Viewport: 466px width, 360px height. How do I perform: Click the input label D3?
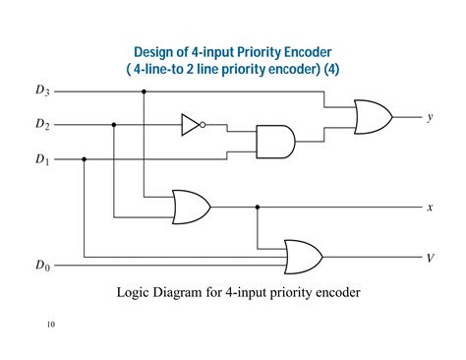(x=41, y=92)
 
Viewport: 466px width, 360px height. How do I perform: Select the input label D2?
(x=41, y=125)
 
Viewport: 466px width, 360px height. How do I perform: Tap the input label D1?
(x=41, y=158)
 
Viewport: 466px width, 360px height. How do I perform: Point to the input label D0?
(x=41, y=265)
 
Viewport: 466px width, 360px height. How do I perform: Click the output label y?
(x=430, y=117)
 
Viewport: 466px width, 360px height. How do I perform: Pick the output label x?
(x=430, y=208)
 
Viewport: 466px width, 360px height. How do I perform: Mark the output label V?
(x=430, y=258)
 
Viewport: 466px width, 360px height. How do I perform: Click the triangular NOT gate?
(x=190, y=125)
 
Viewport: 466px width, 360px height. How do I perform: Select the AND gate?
(x=273, y=142)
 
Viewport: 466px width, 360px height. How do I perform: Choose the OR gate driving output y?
(x=372, y=117)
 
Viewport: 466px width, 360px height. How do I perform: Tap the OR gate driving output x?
(x=190, y=207)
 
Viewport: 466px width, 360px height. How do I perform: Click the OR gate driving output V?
(x=302, y=257)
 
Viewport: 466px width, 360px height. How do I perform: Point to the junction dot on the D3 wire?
(x=145, y=92)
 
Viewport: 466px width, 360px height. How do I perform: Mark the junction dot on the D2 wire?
(x=114, y=125)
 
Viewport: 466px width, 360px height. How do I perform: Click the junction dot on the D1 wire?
(x=85, y=158)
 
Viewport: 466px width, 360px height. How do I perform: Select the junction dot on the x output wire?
(x=258, y=207)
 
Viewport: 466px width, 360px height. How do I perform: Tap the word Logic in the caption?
(x=135, y=292)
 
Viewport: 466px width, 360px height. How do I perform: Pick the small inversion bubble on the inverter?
(x=204, y=125)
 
